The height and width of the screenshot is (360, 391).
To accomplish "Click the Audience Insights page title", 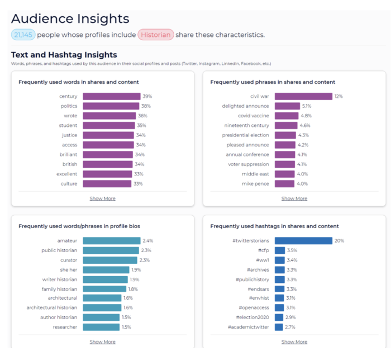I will click(x=70, y=19).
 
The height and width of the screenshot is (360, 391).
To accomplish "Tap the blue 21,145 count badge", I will click(x=23, y=35).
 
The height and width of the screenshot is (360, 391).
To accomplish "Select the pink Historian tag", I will click(x=156, y=35).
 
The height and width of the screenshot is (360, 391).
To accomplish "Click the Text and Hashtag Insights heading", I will click(x=64, y=55).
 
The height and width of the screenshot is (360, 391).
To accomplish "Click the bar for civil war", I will click(x=303, y=96).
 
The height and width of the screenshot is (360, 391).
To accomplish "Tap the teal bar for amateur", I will click(x=112, y=240).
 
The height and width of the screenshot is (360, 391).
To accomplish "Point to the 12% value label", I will click(x=338, y=96).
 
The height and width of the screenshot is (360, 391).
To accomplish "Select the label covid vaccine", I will click(x=253, y=116).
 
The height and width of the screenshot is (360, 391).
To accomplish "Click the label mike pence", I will click(x=255, y=183).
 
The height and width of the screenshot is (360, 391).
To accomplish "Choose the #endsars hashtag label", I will click(x=256, y=288).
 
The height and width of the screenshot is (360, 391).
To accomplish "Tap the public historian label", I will click(x=59, y=250).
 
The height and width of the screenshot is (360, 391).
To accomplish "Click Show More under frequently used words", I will click(x=102, y=198).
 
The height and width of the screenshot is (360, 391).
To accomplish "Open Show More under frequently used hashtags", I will click(x=294, y=342).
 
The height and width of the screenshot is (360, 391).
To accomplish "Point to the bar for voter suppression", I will click(x=284, y=164).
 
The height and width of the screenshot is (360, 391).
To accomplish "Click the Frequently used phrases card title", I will click(x=273, y=82).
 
